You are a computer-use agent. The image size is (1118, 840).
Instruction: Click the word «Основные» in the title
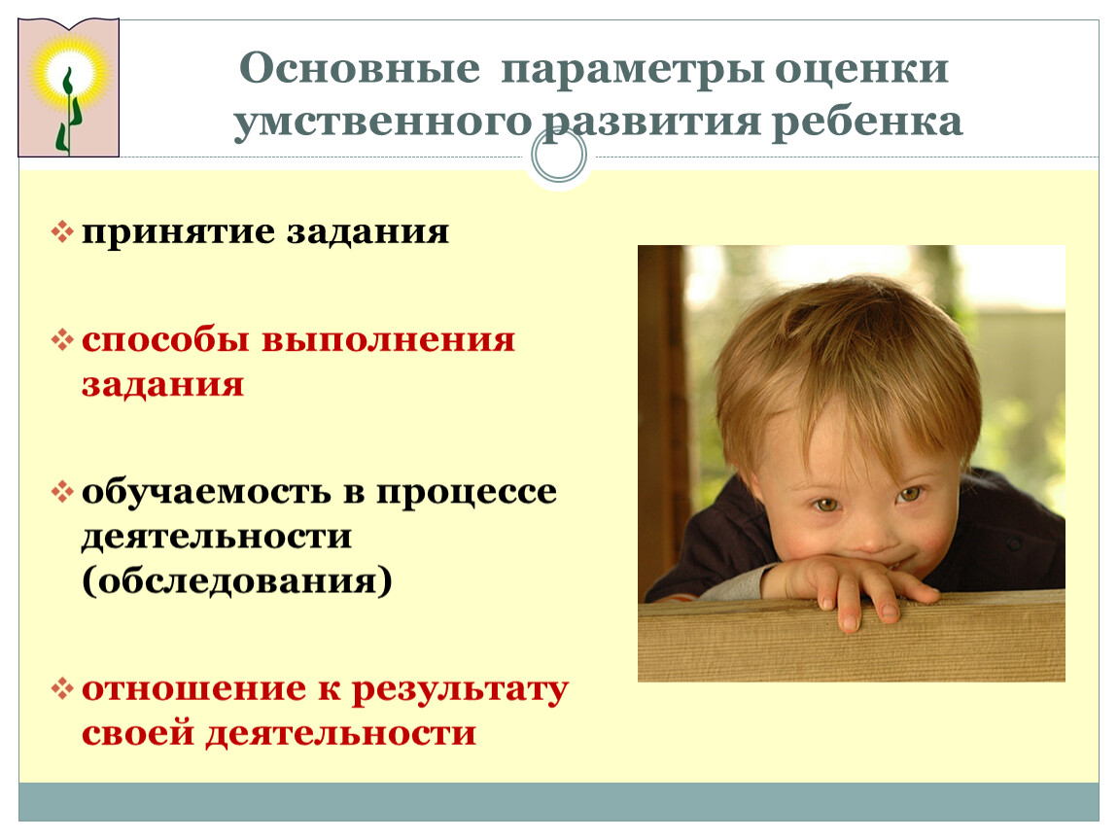(x=360, y=68)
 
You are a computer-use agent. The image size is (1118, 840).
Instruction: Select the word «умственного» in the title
(x=384, y=122)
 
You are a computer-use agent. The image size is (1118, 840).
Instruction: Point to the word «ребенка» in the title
(x=867, y=121)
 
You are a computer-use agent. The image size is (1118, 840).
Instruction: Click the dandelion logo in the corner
(x=68, y=87)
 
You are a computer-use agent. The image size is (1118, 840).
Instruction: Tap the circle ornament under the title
(x=559, y=155)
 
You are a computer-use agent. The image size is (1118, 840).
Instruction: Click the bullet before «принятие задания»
(x=62, y=231)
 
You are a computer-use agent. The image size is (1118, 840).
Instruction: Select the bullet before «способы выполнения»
(x=62, y=339)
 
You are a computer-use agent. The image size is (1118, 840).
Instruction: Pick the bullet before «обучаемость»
(x=62, y=491)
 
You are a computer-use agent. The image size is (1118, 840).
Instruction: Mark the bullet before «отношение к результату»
(x=62, y=688)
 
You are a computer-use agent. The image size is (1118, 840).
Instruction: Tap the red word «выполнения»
(x=389, y=340)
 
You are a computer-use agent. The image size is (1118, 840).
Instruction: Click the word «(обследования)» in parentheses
(x=237, y=580)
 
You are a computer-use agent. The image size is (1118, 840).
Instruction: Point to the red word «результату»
(x=461, y=690)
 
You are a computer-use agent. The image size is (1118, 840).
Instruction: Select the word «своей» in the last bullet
(x=138, y=733)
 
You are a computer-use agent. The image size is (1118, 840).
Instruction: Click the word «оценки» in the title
(x=862, y=70)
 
